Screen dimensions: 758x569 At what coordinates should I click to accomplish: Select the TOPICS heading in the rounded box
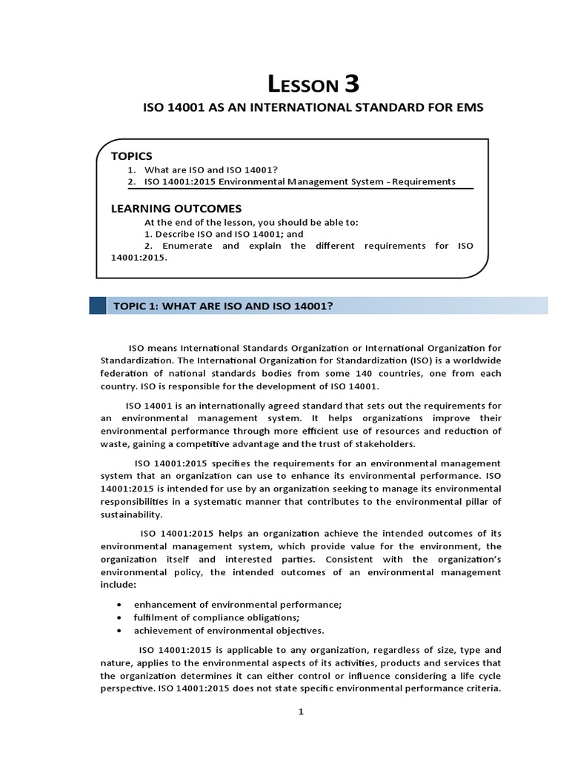pyautogui.click(x=131, y=156)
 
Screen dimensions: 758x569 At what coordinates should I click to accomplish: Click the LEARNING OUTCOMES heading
pyautogui.click(x=176, y=209)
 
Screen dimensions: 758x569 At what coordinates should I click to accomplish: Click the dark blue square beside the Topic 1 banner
pyautogui.click(x=97, y=306)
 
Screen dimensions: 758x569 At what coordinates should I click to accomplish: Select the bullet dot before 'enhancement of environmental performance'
pyautogui.click(x=119, y=605)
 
